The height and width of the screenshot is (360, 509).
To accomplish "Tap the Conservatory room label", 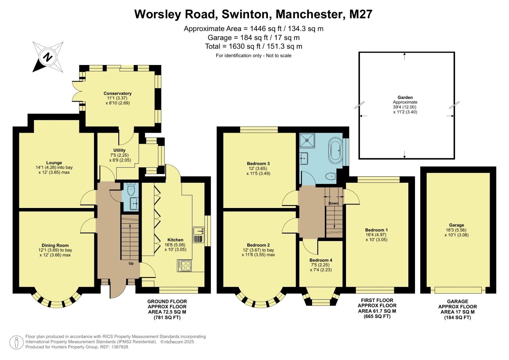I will point(117,93).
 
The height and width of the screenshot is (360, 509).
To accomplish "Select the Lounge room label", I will point(54,163).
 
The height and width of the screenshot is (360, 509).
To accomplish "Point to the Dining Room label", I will point(55,245).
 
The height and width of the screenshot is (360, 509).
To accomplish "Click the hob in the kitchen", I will point(185,265).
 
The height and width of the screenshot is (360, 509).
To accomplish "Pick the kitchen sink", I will point(199,230).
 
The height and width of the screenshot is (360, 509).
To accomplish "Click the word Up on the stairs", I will point(131,263).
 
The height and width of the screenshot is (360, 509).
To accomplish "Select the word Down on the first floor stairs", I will point(333,203).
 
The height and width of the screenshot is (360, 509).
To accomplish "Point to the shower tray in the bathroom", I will point(307,140).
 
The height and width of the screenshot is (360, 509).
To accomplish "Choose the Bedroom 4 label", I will point(321,260).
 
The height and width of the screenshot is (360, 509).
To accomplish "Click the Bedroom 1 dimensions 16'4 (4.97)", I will point(376,235).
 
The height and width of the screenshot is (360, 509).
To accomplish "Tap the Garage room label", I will point(456,225).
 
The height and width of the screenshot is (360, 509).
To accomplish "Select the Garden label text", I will point(405,97).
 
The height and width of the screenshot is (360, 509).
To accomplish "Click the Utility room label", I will point(119,150).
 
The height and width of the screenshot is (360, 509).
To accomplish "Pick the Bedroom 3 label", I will point(258,163).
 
